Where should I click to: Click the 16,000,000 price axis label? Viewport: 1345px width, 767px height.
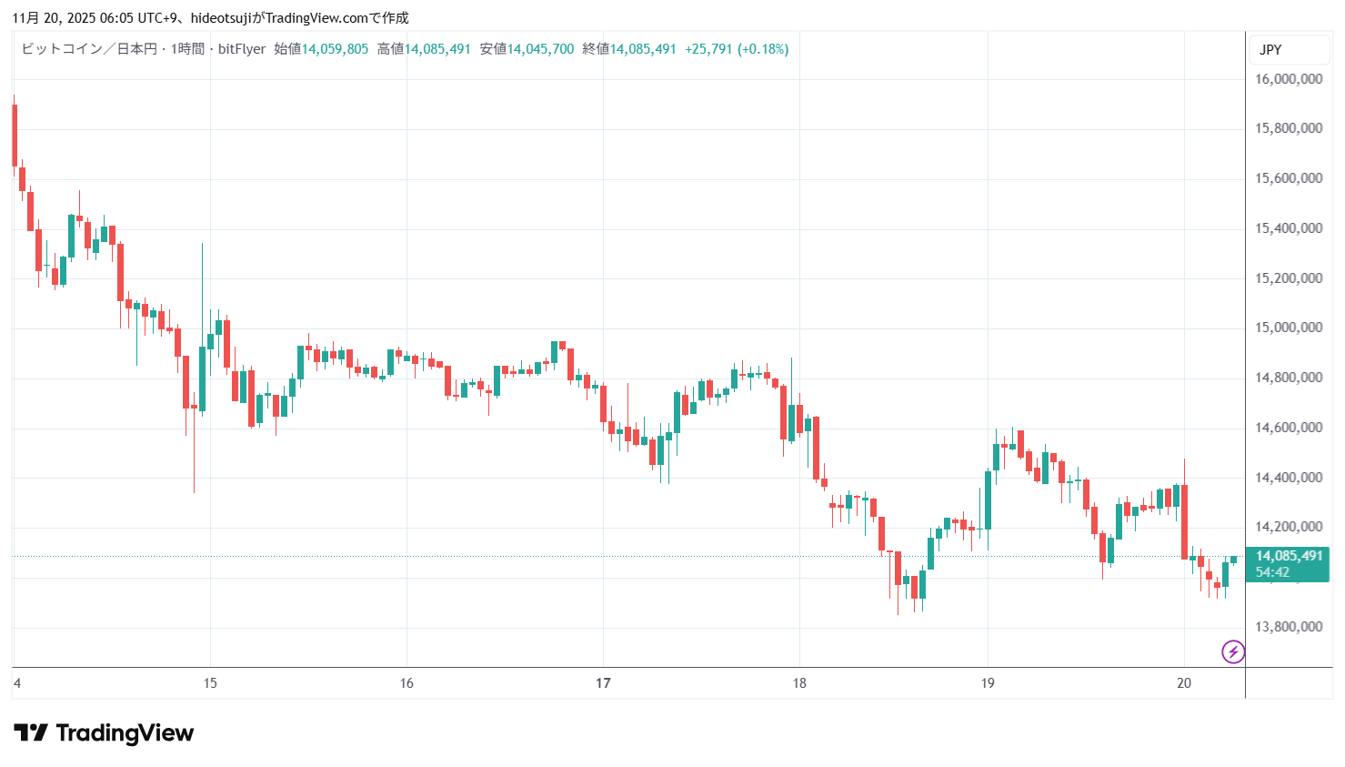(1289, 79)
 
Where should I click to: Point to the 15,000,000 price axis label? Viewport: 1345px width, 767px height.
(1289, 328)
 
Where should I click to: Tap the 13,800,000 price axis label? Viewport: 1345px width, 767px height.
(1289, 627)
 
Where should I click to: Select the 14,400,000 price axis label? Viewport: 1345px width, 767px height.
(1289, 478)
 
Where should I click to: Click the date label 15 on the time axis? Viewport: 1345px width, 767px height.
(210, 683)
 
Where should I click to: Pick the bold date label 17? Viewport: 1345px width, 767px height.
(603, 683)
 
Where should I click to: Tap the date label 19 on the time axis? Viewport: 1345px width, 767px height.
(988, 683)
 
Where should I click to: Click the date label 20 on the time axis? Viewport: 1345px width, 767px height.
(1184, 683)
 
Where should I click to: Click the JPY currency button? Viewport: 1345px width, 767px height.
(1270, 50)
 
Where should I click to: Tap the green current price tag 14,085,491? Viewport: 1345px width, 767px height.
(1289, 556)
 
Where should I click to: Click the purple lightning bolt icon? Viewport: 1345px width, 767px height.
(1233, 651)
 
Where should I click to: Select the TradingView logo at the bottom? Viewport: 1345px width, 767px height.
(104, 733)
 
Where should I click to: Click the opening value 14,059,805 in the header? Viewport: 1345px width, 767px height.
(335, 49)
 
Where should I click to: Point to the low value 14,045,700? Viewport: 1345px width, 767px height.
(540, 49)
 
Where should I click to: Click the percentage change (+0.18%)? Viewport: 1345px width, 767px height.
(762, 49)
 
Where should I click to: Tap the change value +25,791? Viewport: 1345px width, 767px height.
(708, 49)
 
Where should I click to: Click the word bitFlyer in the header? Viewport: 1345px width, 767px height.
(242, 49)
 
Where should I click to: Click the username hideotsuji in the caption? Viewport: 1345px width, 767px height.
(222, 17)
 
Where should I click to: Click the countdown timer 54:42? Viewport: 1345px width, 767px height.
(1272, 572)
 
